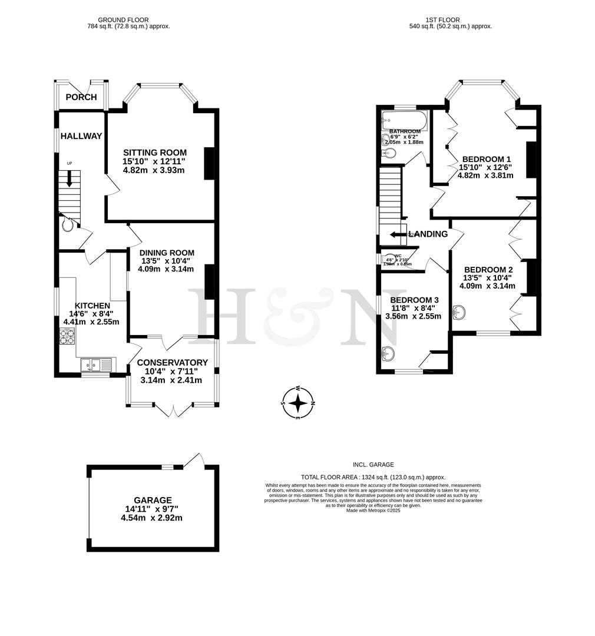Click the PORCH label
[81, 97]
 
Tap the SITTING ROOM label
[154, 152]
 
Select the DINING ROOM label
[167, 253]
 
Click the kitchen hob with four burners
[67, 337]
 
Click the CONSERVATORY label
[172, 363]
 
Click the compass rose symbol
[299, 403]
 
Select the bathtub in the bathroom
[404, 120]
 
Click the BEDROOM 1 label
[486, 159]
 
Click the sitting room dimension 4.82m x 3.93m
[154, 170]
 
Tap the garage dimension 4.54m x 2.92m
[151, 518]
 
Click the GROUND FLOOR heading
[123, 20]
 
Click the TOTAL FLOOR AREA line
[373, 477]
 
